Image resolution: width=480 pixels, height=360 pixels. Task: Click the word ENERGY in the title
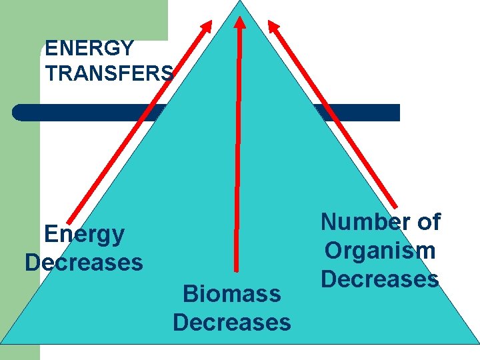[89, 49]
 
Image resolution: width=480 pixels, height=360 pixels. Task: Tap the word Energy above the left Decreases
[84, 234]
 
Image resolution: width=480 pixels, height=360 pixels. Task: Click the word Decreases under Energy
[84, 262]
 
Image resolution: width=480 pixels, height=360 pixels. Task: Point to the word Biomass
[231, 294]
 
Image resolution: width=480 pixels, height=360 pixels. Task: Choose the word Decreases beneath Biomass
[231, 323]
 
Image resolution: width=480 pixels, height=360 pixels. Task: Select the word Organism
[380, 251]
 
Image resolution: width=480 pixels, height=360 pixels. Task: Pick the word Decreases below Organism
[380, 279]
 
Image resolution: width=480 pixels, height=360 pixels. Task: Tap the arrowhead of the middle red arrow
[240, 20]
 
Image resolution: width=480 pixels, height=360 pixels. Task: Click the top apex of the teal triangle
[241, 2]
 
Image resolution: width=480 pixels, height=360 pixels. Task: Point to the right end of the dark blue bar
[398, 112]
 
